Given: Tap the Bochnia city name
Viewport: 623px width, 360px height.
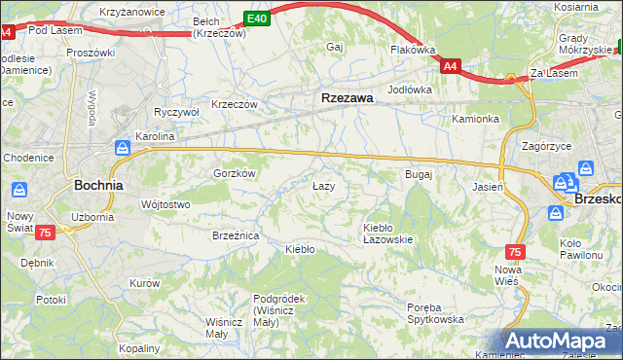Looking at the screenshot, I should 98,184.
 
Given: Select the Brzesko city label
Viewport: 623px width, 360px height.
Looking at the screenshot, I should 598,197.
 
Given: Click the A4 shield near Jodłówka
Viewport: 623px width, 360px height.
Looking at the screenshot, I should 450,66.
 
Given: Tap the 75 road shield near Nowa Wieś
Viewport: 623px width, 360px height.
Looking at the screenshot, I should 515,252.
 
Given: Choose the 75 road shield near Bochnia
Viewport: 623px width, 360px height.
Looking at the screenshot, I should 44,233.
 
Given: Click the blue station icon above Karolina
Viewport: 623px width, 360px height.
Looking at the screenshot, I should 123,148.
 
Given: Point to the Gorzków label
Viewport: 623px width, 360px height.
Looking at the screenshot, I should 235,172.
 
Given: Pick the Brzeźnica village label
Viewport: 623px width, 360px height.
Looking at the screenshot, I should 235,235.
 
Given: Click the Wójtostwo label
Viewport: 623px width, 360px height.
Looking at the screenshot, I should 165,204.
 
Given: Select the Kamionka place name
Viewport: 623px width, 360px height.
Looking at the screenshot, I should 475,119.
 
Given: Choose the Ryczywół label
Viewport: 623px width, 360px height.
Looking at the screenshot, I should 176,112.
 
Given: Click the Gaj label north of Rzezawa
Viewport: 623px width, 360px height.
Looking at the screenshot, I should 337,47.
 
